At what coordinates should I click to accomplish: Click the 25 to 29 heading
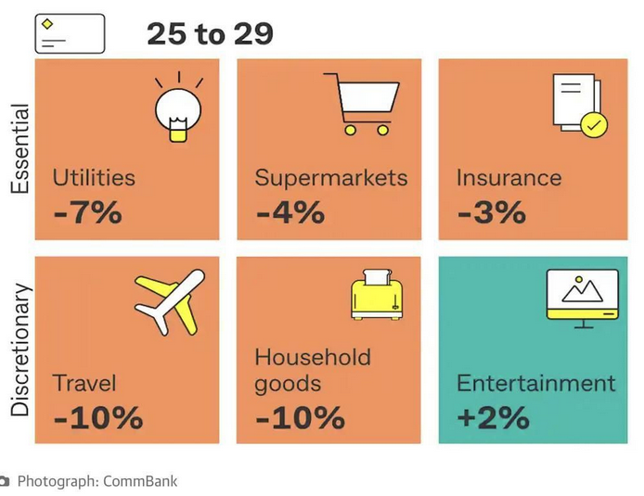click(x=210, y=33)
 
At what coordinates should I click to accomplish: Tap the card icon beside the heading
click(x=70, y=33)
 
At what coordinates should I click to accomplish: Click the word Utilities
click(x=94, y=177)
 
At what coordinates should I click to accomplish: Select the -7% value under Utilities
click(x=88, y=212)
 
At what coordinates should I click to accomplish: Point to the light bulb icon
click(x=177, y=109)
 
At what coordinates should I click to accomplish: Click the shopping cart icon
click(x=363, y=104)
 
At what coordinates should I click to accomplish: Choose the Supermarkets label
click(x=331, y=177)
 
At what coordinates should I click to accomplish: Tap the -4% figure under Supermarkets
click(x=290, y=212)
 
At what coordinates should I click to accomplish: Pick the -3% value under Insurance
click(x=491, y=212)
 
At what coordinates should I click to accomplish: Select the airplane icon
click(x=168, y=303)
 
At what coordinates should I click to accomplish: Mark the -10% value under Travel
click(x=98, y=417)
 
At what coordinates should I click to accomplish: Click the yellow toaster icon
click(x=377, y=295)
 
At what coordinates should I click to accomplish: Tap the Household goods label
click(x=313, y=370)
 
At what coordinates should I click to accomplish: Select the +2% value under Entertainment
click(x=493, y=417)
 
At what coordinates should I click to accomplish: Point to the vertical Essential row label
click(x=20, y=148)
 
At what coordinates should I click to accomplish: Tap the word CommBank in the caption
click(x=139, y=481)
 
